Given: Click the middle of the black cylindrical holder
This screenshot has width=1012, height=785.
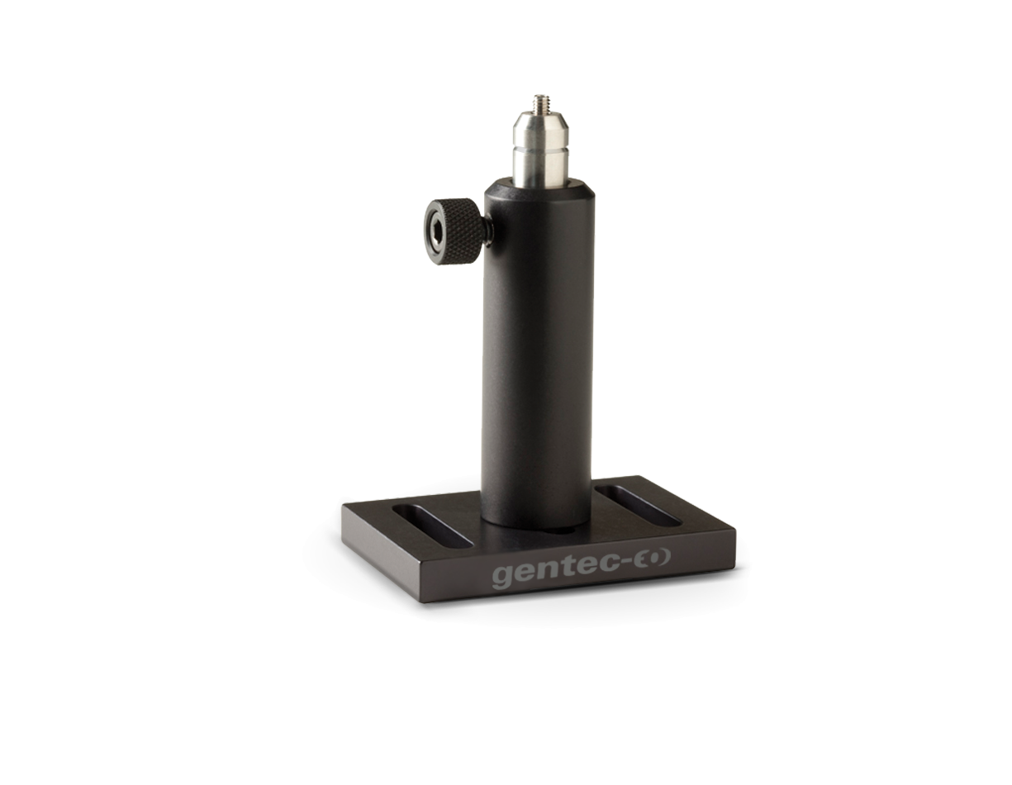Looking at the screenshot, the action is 539,354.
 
